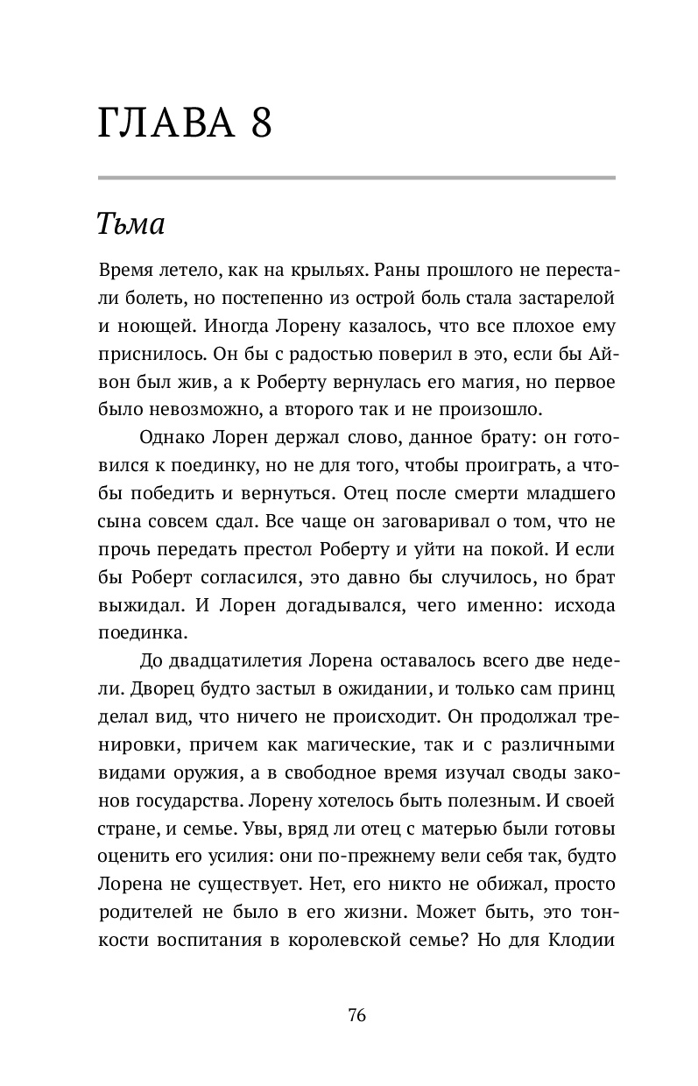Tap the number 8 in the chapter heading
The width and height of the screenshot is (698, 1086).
click(259, 124)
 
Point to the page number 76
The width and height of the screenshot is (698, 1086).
click(356, 1016)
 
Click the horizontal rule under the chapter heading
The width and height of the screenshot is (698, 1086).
click(356, 178)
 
